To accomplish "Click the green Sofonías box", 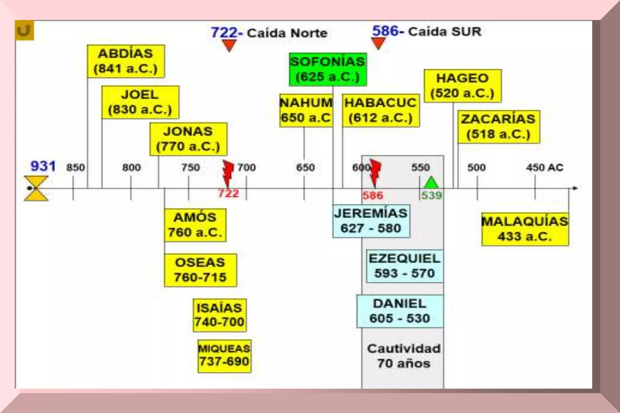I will [x=328, y=69].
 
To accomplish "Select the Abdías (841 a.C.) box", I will [x=126, y=61].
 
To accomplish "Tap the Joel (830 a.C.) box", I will [x=140, y=102].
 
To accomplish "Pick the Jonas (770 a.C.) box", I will [x=188, y=139].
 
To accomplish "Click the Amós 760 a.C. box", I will [x=195, y=225].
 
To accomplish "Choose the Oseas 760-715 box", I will [x=200, y=270].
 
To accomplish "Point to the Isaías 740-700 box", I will [x=219, y=315].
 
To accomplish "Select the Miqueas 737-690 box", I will [x=224, y=356].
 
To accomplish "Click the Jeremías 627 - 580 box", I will [x=371, y=221].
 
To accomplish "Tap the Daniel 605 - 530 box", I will [x=400, y=311].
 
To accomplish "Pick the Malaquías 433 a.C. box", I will [x=525, y=229].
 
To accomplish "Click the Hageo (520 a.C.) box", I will [x=462, y=86].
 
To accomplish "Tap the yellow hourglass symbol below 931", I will [x=36, y=188].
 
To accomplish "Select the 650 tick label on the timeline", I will [x=305, y=167].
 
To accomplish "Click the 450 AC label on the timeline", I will [x=544, y=167].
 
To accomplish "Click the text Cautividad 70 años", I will [x=404, y=356].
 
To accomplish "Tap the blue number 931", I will [x=43, y=166].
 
